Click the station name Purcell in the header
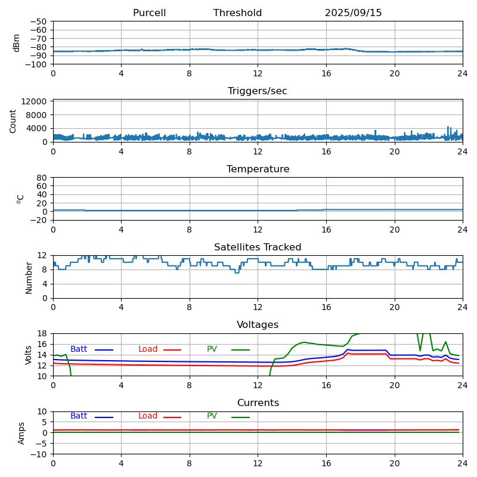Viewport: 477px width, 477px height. pos(149,13)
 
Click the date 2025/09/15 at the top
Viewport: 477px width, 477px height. pos(353,13)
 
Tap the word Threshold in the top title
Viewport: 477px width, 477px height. pos(237,13)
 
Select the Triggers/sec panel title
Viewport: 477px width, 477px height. pos(258,91)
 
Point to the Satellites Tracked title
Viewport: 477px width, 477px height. pos(258,247)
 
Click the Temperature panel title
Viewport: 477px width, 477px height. pos(258,169)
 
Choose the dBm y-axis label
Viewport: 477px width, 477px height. pos(17,43)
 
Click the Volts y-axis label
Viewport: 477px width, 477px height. pos(29,355)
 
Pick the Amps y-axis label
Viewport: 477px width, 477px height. pos(21,433)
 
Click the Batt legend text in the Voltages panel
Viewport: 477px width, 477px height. pos(79,349)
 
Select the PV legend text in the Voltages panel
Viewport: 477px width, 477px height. pos(212,349)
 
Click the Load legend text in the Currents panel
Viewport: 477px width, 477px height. pos(148,416)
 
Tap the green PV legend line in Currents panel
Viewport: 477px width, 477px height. pos(240,417)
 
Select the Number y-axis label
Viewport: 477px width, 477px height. pos(29,277)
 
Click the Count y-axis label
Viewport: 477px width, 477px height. pos(13,120)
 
